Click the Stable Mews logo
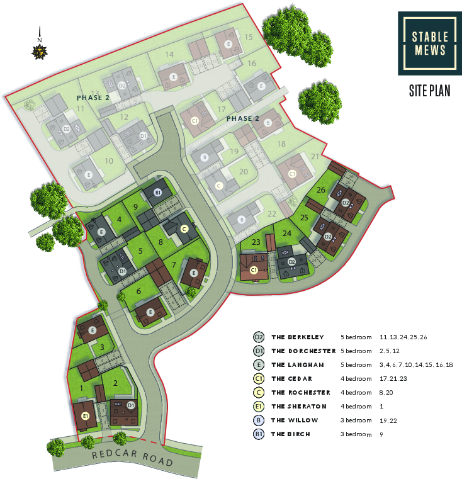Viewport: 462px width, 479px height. pyautogui.click(x=427, y=42)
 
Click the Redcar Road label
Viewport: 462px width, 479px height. pyautogui.click(x=133, y=458)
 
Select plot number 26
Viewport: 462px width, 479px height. pyautogui.click(x=321, y=189)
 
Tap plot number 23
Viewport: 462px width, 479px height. pyautogui.click(x=256, y=242)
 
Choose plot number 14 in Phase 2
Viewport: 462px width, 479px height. pyautogui.click(x=169, y=55)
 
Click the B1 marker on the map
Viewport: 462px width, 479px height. pyautogui.click(x=158, y=193)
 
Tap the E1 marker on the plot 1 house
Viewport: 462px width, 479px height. pyautogui.click(x=86, y=416)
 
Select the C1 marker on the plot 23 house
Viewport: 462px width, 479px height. pyautogui.click(x=254, y=270)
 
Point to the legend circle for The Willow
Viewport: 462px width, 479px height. pyautogui.click(x=258, y=420)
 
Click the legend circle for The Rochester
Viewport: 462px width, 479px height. pyautogui.click(x=258, y=393)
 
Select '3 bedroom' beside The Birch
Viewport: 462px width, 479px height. pyautogui.click(x=356, y=434)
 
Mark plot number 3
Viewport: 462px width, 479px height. pyautogui.click(x=101, y=347)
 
